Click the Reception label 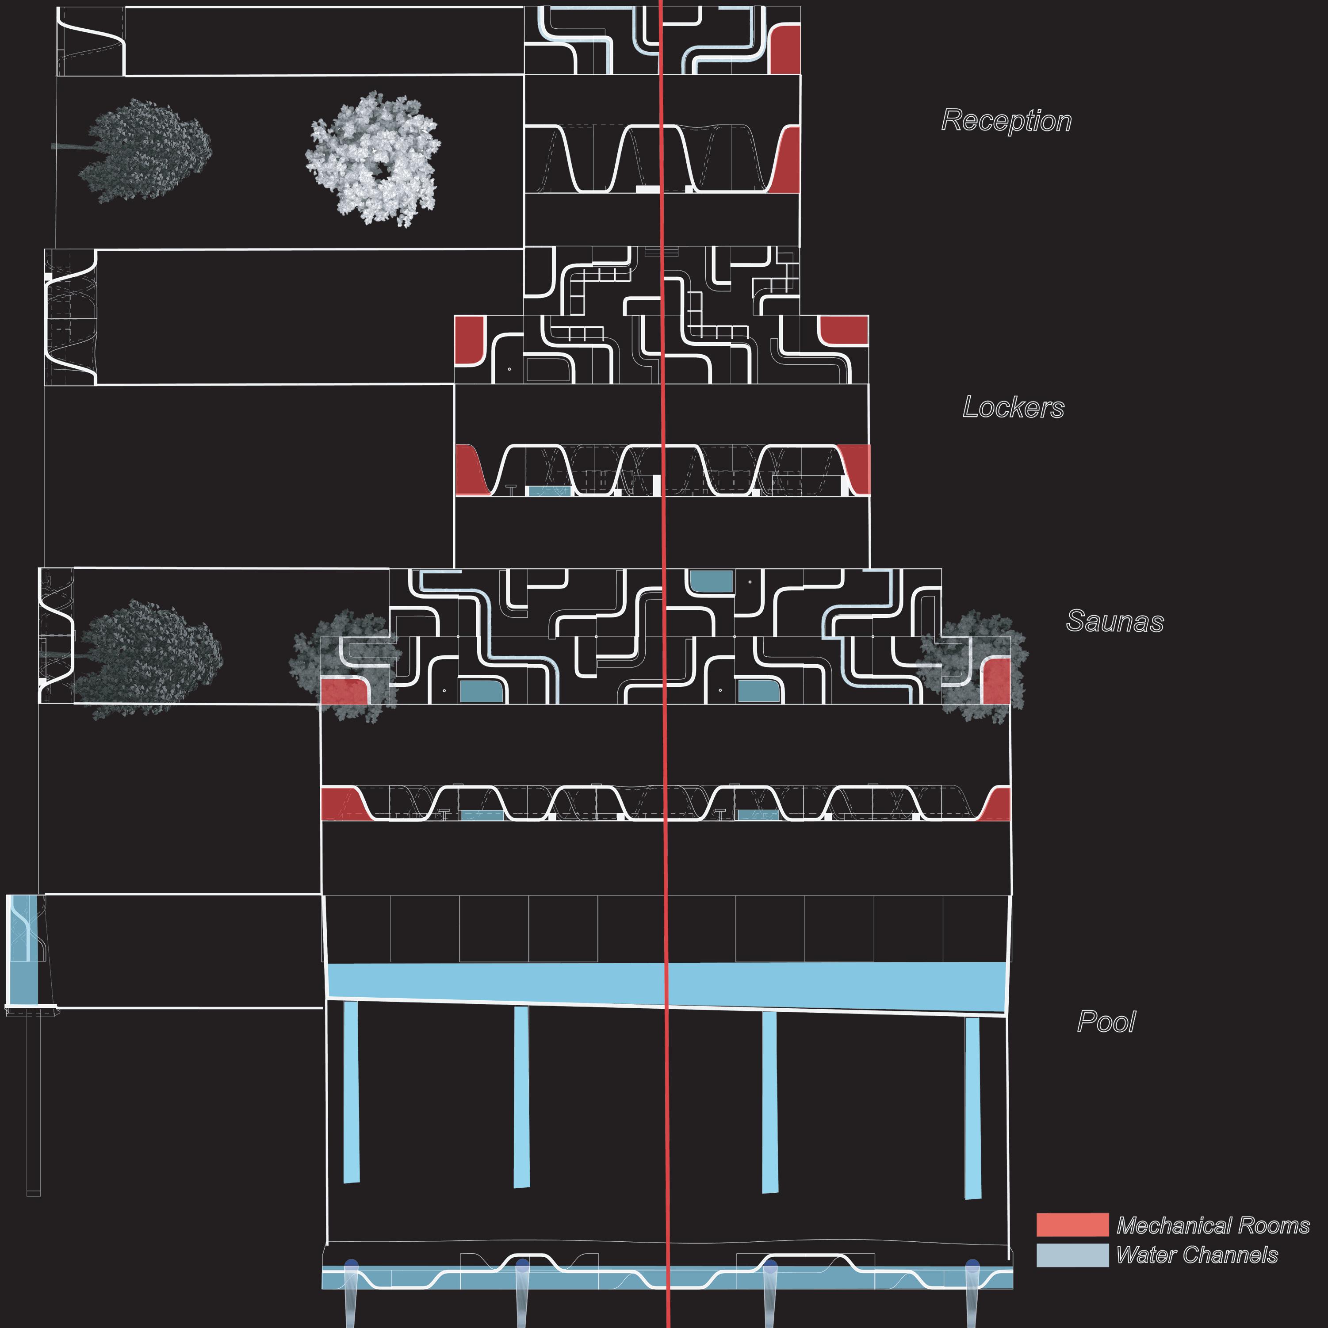pos(1006,121)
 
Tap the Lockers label pos(1013,408)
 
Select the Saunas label pos(1114,621)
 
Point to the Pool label pos(1106,1022)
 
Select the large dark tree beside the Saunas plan pos(148,656)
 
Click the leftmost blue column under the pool pos(351,1093)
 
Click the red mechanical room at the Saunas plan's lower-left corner pos(344,690)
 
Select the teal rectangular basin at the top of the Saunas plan pos(711,582)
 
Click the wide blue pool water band pos(667,984)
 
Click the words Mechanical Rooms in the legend pos(1213,1225)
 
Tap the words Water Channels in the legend pos(1197,1255)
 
